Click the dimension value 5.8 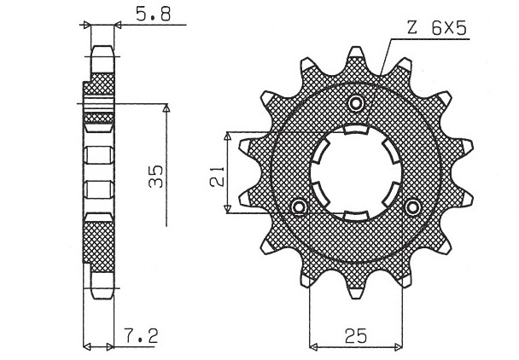[154, 15]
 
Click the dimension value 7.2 [141, 336]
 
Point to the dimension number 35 [156, 176]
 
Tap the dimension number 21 [218, 177]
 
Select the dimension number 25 [356, 336]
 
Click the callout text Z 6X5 [437, 28]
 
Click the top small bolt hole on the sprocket [356, 104]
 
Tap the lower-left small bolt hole [300, 207]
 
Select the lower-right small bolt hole [412, 207]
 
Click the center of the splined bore [356, 172]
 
